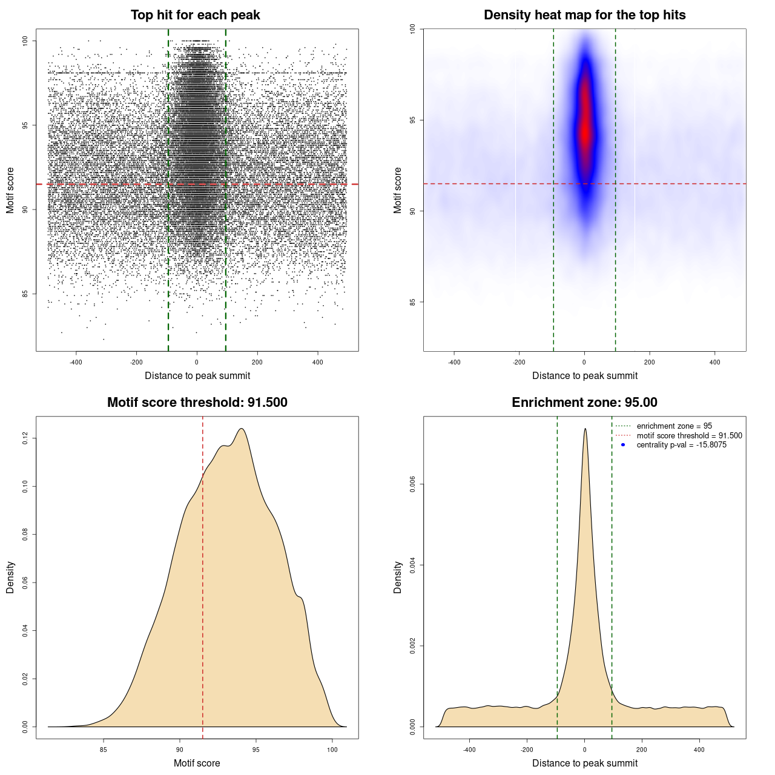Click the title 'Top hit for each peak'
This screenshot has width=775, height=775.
(195, 15)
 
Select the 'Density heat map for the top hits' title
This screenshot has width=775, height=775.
(584, 15)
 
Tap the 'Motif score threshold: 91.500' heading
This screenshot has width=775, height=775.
(197, 403)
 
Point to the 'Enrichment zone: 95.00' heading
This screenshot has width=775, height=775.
(584, 403)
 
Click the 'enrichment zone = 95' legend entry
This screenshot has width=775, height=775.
(674, 426)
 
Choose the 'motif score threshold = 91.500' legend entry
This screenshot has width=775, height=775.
(689, 436)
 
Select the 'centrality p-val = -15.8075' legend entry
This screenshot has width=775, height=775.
(681, 445)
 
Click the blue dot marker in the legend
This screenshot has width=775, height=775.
(623, 445)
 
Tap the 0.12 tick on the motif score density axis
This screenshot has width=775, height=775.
(25, 438)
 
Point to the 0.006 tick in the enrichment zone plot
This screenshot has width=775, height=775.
(413, 484)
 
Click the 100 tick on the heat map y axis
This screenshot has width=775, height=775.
(413, 29)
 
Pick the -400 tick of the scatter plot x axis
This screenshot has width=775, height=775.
(76, 362)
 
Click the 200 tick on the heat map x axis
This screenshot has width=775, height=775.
(650, 362)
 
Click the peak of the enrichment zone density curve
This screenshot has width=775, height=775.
(585, 429)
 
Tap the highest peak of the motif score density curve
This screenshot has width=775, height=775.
(242, 429)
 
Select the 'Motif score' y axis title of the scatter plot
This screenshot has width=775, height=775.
(10, 190)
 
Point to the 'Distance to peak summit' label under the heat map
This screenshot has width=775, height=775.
(585, 375)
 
